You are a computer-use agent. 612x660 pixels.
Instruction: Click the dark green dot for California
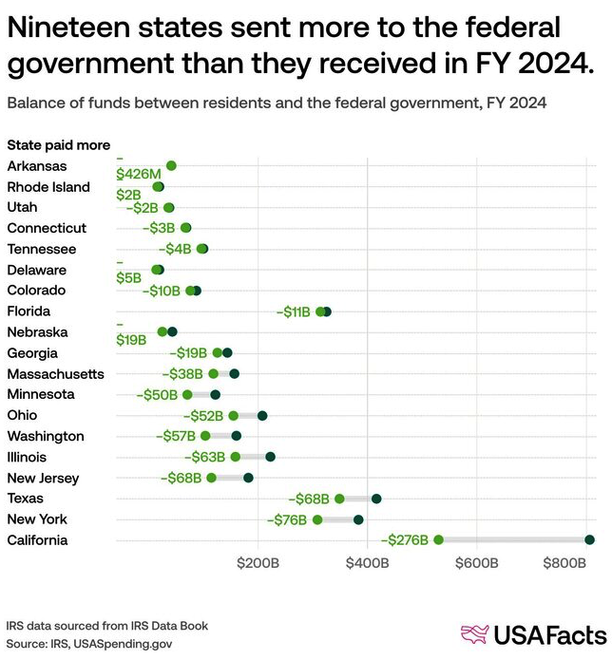click(x=589, y=539)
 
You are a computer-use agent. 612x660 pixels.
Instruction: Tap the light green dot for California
click(x=438, y=539)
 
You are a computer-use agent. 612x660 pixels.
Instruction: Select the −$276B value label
click(x=406, y=540)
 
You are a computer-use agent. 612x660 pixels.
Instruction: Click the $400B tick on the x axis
click(x=367, y=563)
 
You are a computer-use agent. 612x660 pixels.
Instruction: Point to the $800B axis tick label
click(x=564, y=563)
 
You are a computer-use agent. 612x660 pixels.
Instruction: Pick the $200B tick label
click(x=258, y=563)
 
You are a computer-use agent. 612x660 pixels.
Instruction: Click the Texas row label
click(x=25, y=499)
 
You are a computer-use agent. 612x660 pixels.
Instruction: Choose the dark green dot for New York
click(x=358, y=519)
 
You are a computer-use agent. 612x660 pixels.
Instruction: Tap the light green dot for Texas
click(x=339, y=499)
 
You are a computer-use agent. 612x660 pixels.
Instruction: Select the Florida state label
click(x=29, y=311)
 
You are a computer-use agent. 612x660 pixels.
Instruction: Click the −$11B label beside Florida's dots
click(x=294, y=311)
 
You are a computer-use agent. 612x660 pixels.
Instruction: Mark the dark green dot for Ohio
click(x=262, y=415)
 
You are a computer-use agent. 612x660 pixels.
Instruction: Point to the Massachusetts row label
click(x=55, y=374)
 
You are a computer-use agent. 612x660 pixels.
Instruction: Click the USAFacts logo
click(x=532, y=633)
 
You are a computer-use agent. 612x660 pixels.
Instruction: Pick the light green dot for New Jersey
click(x=211, y=478)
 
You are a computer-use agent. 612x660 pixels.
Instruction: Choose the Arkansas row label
click(x=37, y=166)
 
